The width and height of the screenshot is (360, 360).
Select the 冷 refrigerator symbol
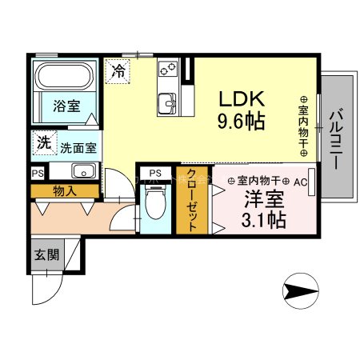118,70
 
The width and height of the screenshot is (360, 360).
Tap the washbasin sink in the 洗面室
82,170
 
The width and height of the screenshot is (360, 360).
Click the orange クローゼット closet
191,202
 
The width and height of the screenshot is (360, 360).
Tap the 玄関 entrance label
46,256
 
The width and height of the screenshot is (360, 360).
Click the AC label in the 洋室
301,182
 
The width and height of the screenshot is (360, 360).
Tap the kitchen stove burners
169,72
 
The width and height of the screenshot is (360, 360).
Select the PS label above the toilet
155,173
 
